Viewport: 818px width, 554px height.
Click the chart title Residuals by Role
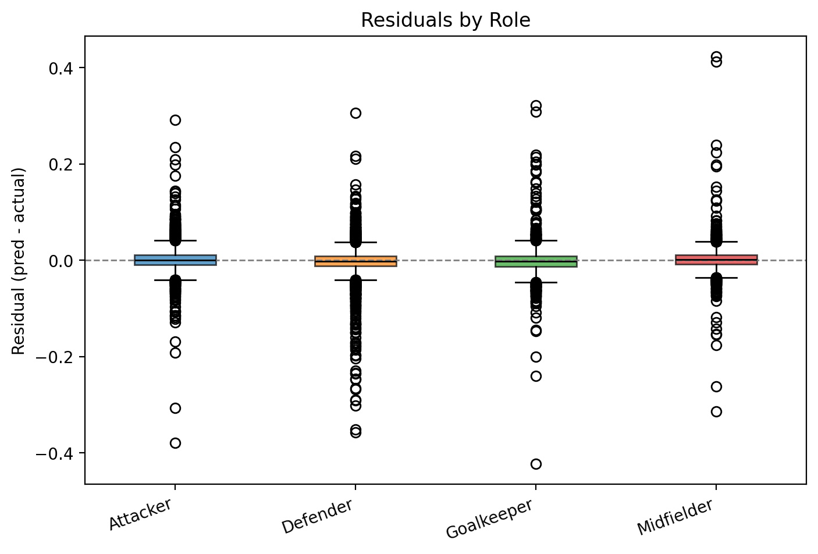pyautogui.click(x=445, y=20)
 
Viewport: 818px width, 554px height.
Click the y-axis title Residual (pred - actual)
pyautogui.click(x=19, y=261)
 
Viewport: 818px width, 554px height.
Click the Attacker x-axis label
pyautogui.click(x=141, y=514)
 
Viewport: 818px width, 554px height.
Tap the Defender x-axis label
pyautogui.click(x=318, y=517)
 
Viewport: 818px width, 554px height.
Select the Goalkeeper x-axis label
pyautogui.click(x=489, y=519)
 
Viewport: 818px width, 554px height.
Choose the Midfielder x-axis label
pyautogui.click(x=675, y=517)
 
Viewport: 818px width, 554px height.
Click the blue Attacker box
pyautogui.click(x=175, y=260)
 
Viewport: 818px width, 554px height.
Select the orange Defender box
pyautogui.click(x=355, y=261)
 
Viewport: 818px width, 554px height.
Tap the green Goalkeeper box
pyautogui.click(x=536, y=261)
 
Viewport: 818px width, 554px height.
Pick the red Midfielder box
pyautogui.click(x=716, y=260)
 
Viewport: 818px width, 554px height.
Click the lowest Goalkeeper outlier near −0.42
pyautogui.click(x=536, y=464)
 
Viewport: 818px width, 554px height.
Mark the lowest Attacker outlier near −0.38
pyautogui.click(x=175, y=443)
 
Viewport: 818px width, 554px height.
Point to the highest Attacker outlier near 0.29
pyautogui.click(x=175, y=120)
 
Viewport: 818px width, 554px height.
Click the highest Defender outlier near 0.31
pyautogui.click(x=355, y=113)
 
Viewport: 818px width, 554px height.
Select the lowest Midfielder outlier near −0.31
pyautogui.click(x=716, y=411)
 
